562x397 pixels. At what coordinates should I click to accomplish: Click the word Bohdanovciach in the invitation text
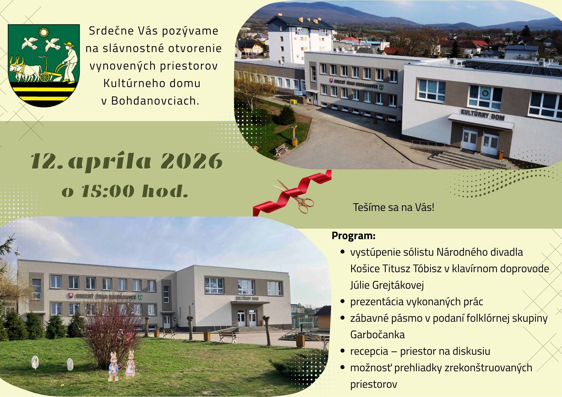tap(155, 101)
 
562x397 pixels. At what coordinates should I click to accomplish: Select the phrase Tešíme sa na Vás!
tap(394, 207)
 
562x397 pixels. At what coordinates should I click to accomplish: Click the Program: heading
tap(353, 236)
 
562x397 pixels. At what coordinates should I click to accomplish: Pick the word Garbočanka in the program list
tap(378, 335)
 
